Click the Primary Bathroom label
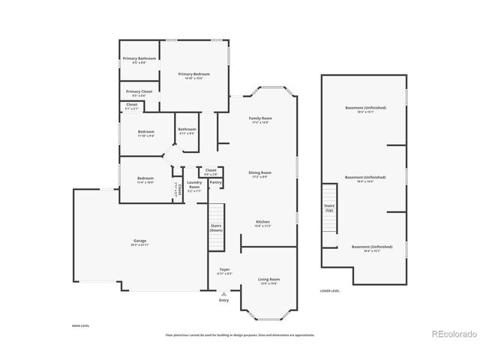139,58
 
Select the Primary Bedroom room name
193,73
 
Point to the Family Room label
260,118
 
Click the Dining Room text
260,172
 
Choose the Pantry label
215,181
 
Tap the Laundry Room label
194,184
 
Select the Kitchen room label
262,222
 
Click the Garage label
139,241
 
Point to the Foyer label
224,269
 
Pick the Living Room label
268,279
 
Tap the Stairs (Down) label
216,227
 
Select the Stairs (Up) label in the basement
328,207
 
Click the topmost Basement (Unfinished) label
365,108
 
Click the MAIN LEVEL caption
81,326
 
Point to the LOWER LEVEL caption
330,290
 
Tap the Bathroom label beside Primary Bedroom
187,129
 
